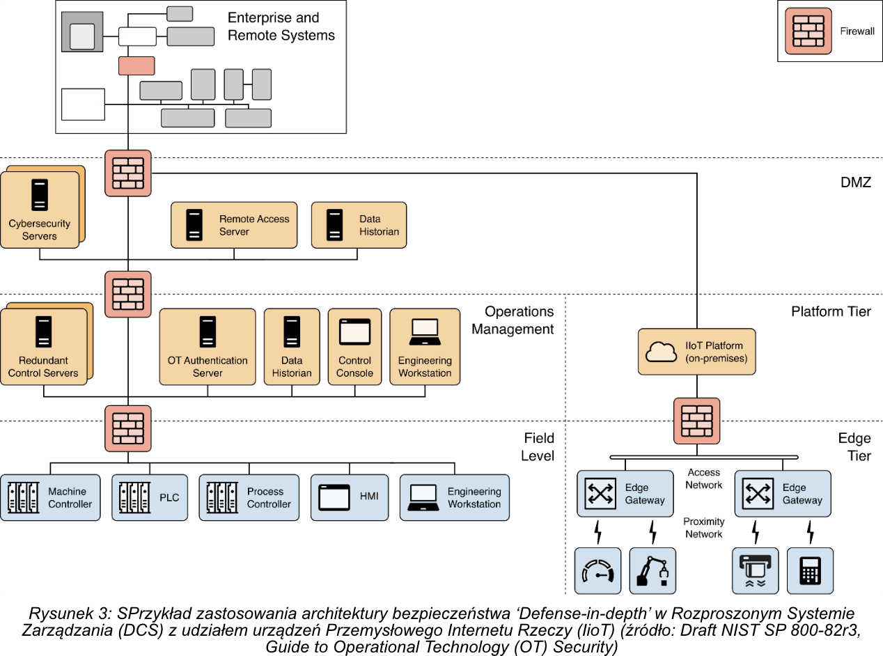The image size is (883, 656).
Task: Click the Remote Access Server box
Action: tap(234, 225)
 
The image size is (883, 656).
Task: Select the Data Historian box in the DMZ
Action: tap(359, 225)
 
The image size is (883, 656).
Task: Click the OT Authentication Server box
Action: tap(207, 346)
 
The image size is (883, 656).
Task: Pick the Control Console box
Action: tap(354, 346)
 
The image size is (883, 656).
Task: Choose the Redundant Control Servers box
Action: tap(44, 346)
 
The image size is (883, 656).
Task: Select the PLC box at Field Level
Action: tap(149, 497)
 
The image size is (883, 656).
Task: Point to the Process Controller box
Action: tap(249, 497)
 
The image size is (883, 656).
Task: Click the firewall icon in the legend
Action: tap(808, 31)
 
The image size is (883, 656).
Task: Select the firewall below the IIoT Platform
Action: tap(696, 421)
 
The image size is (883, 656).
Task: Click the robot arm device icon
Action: tap(653, 570)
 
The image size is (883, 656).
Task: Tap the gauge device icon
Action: tap(597, 570)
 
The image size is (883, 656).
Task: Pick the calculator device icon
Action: tap(810, 570)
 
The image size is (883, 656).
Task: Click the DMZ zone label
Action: tap(855, 182)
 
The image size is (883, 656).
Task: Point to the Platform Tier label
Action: tap(831, 311)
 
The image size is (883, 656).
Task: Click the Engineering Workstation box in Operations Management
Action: tap(425, 346)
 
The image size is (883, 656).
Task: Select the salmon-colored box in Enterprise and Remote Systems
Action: tap(136, 65)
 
